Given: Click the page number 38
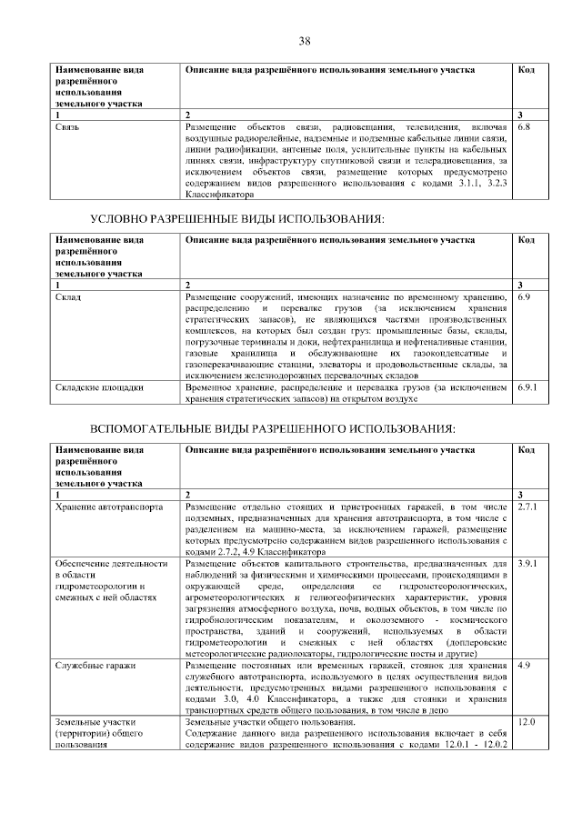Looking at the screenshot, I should [305, 41].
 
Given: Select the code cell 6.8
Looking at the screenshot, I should [524, 126].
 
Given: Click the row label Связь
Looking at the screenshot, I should [67, 126].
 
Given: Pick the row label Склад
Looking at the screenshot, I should [68, 297].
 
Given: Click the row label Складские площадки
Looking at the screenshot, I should [99, 387].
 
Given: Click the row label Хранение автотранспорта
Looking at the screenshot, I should [109, 505].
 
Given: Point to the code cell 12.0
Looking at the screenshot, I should [526, 722].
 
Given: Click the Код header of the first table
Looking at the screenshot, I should [526, 70].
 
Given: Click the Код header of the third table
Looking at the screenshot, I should [526, 449].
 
